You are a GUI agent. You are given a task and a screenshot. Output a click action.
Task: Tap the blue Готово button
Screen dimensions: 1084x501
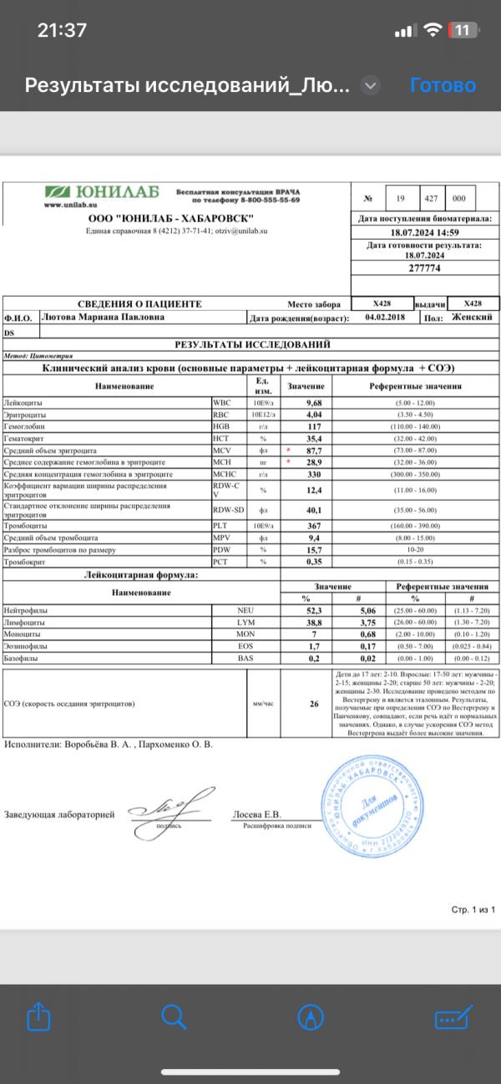coord(443,85)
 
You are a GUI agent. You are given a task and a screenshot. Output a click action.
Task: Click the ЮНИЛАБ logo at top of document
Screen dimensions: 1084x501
coord(101,195)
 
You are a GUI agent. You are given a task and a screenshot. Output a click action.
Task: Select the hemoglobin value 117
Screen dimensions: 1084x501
coord(315,426)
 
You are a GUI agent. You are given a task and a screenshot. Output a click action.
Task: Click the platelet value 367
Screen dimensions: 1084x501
coord(315,527)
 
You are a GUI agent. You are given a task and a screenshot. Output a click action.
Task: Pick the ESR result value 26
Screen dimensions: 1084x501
coord(315,704)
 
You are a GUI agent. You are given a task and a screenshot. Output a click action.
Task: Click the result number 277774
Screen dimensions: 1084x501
coord(424,268)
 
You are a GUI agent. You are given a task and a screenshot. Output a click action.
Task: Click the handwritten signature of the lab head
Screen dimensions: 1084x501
coord(167,808)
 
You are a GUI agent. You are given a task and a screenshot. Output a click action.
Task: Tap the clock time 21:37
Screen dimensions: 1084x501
coord(62,30)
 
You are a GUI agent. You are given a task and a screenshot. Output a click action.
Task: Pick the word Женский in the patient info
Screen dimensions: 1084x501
coord(473,318)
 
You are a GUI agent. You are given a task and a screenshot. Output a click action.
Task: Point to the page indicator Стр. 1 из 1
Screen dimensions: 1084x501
coord(473,909)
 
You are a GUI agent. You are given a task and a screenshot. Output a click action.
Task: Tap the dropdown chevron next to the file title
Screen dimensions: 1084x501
coord(371,85)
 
